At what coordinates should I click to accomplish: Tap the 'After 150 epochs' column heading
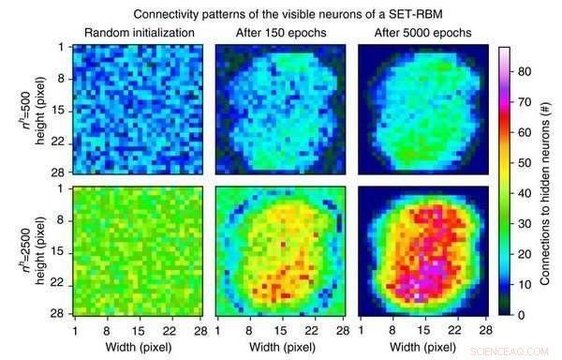click(277, 34)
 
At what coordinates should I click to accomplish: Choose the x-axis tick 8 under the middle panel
click(246, 331)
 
